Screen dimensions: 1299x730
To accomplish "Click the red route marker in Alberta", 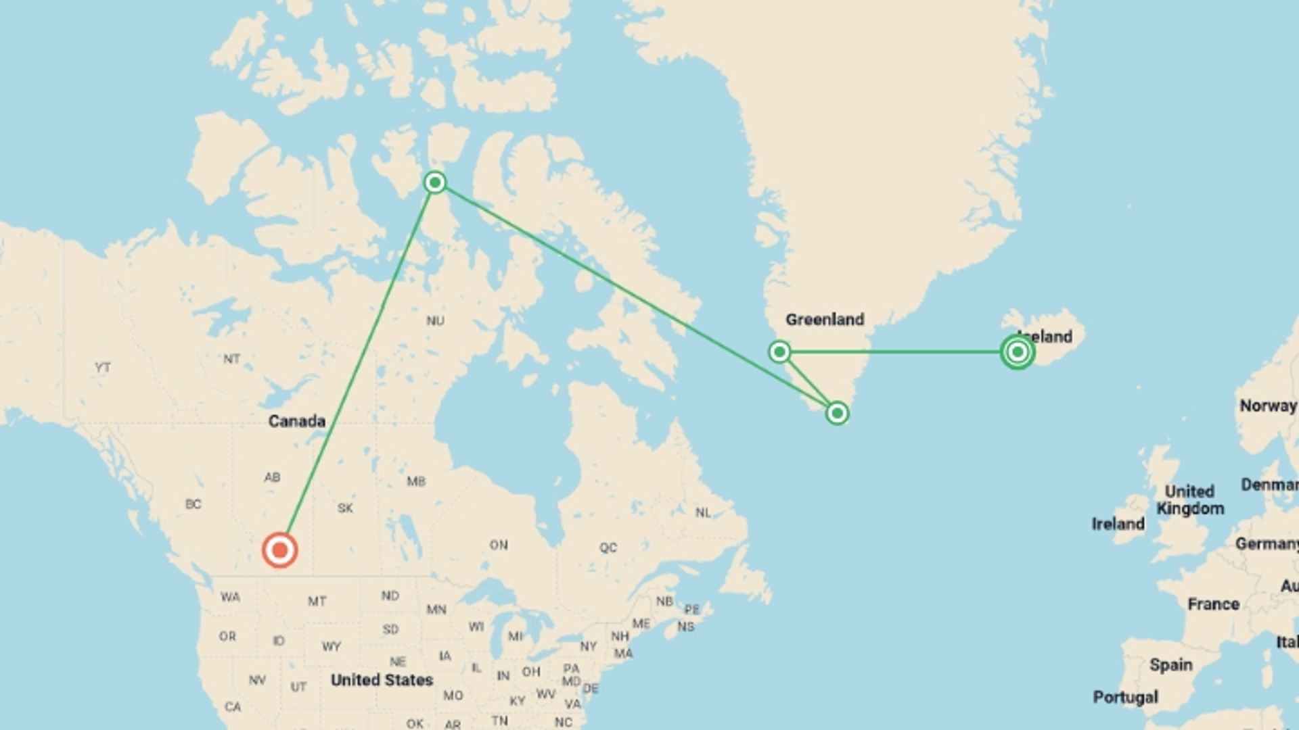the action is pyautogui.click(x=279, y=550).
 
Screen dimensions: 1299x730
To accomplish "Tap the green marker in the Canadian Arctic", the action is pyautogui.click(x=435, y=182).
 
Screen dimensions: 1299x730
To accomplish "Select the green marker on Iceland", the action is pyautogui.click(x=1017, y=351).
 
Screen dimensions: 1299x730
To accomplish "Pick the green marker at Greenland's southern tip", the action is pyautogui.click(x=837, y=413).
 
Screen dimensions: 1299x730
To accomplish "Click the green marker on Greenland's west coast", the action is pyautogui.click(x=779, y=351).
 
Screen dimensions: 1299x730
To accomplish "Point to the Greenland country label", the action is pyautogui.click(x=824, y=319).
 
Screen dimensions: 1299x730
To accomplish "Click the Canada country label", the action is pyautogui.click(x=296, y=421).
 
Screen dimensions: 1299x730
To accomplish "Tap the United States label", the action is pyautogui.click(x=382, y=680).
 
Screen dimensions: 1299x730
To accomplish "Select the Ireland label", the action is pyautogui.click(x=1118, y=524).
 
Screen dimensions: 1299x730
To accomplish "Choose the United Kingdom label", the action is pyautogui.click(x=1189, y=500).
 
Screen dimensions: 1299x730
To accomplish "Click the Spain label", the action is pyautogui.click(x=1170, y=665).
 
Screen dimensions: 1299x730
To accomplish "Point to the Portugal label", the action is pyautogui.click(x=1125, y=697).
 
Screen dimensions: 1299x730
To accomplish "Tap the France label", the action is pyautogui.click(x=1213, y=604).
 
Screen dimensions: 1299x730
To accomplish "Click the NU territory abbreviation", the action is pyautogui.click(x=435, y=320).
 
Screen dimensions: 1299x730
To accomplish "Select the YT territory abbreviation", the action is pyautogui.click(x=102, y=368).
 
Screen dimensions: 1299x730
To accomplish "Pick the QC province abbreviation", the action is pyautogui.click(x=608, y=547).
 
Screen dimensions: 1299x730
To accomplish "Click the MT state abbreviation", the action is pyautogui.click(x=317, y=601).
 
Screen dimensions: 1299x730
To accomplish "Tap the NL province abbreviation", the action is pyautogui.click(x=703, y=513).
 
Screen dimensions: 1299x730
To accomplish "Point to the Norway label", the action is pyautogui.click(x=1267, y=406).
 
